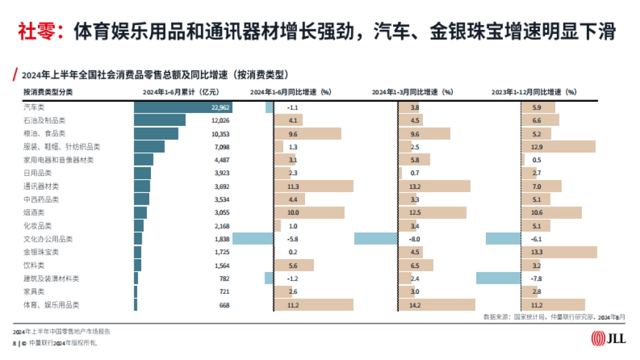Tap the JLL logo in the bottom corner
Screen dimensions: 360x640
pos(609,338)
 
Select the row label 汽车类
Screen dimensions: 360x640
pos(34,107)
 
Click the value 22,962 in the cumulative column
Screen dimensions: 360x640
pos(220,107)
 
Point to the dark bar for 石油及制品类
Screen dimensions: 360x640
pos(159,121)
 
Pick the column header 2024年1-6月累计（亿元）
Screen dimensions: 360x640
pos(180,92)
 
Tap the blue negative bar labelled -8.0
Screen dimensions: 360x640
pos(375,239)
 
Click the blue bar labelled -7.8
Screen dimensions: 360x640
pos(498,278)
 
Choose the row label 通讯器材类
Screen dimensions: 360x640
pos(41,186)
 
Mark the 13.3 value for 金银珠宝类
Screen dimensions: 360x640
pos(537,252)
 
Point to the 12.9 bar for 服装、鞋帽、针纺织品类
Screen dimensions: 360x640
pos(558,147)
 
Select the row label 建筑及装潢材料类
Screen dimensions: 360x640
pos(48,278)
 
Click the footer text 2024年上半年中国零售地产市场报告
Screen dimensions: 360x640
pos(62,332)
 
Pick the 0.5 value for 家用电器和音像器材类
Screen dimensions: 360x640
pos(537,160)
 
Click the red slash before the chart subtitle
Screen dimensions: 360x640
pos(16,74)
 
